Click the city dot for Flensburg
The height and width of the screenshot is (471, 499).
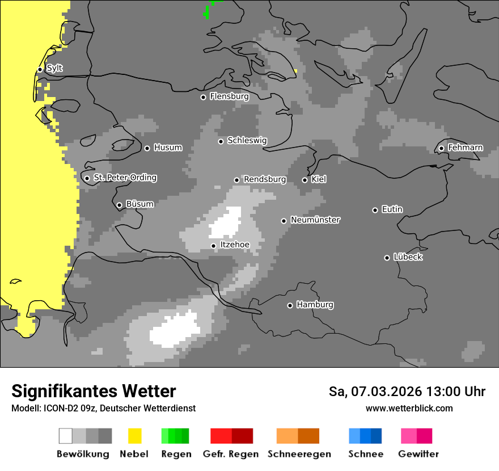pos(203,97)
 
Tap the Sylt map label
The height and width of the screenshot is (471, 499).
pos(54,68)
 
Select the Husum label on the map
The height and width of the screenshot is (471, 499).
pos(168,148)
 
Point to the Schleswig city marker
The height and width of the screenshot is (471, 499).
pos(221,141)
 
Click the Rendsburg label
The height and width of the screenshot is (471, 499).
pos(265,179)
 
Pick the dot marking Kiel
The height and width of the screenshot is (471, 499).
pos(305,180)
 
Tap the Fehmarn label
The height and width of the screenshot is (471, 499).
pos(465,148)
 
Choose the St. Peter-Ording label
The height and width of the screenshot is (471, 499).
pos(125,178)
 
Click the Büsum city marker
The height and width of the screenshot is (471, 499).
pos(119,205)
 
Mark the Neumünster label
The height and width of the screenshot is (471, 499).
pos(315,220)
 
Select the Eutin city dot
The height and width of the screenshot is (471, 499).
pos(375,210)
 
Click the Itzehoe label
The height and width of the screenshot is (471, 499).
pos(234,245)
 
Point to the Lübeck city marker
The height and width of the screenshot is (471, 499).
pos(387,258)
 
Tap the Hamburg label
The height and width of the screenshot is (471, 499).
pos(315,305)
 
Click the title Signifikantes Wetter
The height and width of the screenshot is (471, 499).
pos(94,391)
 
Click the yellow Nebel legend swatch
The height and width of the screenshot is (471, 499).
pos(134,436)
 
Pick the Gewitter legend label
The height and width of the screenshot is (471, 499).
pos(418,454)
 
